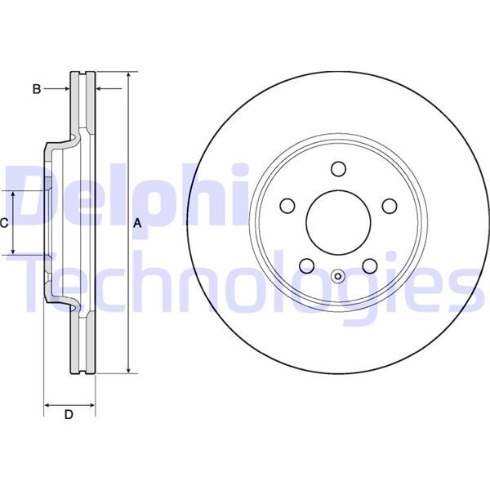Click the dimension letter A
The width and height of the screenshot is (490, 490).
[138, 223]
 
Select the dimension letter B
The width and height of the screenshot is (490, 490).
[37, 89]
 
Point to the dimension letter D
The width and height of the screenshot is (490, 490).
[69, 415]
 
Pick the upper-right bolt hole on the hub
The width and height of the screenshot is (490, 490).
[389, 205]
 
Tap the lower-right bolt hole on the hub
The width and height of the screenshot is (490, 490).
[369, 265]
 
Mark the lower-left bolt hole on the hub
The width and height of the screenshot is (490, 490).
[305, 265]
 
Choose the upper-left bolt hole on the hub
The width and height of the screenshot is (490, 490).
[286, 205]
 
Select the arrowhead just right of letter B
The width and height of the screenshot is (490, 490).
[66, 88]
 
